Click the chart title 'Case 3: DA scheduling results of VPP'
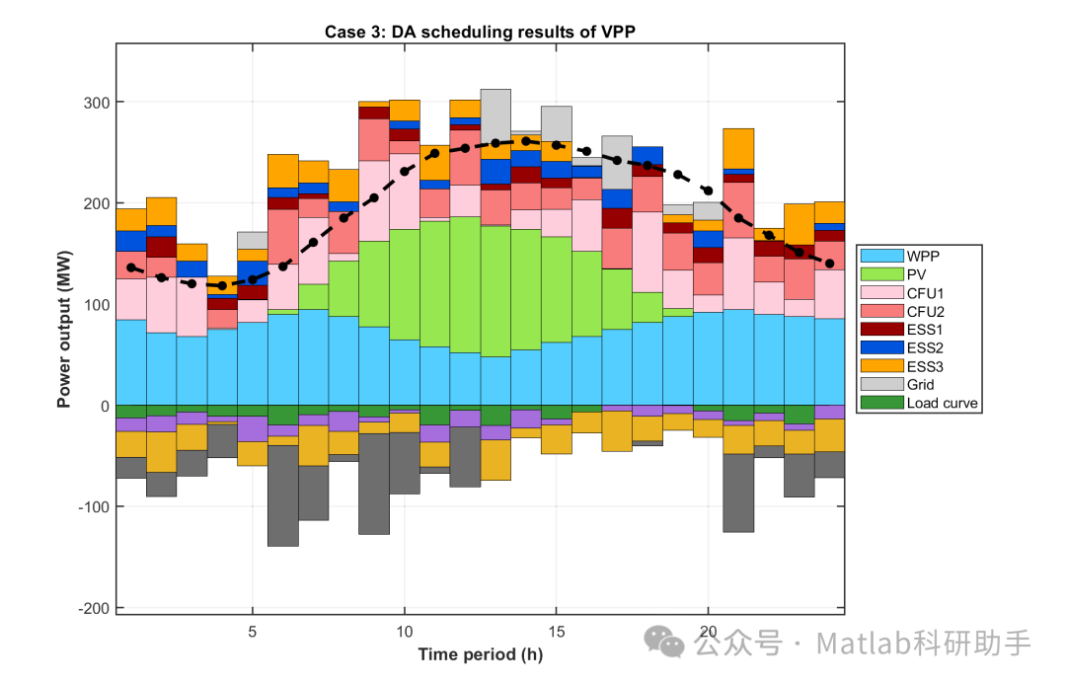tap(480, 32)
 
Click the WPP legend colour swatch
tap(881, 256)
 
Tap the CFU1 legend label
tap(925, 293)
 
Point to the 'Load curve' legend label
tap(943, 403)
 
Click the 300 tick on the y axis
tap(96, 103)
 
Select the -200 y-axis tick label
tap(93, 608)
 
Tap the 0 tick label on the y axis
tap(105, 407)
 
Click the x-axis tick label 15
tap(556, 632)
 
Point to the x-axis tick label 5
tap(253, 632)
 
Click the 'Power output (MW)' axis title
tap(64, 329)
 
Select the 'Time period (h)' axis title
tap(480, 654)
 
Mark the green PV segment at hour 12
tap(465, 285)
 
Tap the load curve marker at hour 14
tap(525, 141)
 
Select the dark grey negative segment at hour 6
tap(283, 495)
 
